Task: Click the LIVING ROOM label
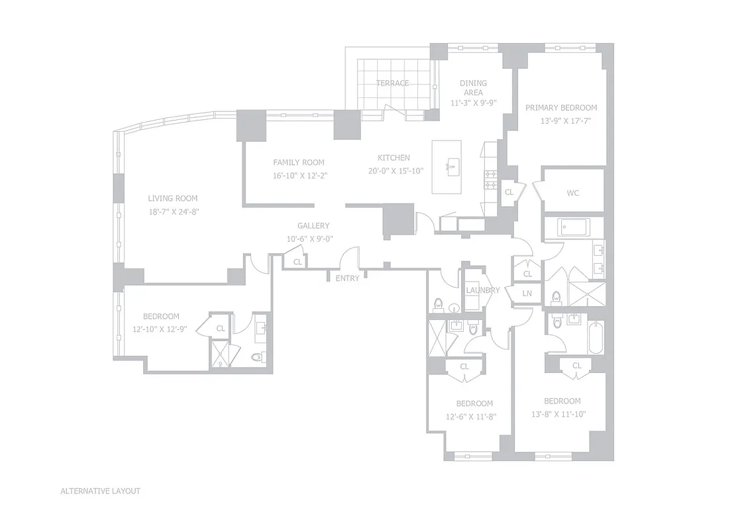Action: (172, 198)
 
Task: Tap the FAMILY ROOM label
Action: (299, 162)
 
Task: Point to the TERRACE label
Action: (392, 83)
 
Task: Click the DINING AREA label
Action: (473, 87)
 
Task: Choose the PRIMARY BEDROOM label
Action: (561, 107)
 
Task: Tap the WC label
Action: (573, 193)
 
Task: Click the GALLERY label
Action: (313, 226)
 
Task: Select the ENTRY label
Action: (347, 278)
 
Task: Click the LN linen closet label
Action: (527, 293)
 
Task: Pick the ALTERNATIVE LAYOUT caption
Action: (100, 491)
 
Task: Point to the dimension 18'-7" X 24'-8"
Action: (172, 211)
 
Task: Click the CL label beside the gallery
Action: (297, 262)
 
